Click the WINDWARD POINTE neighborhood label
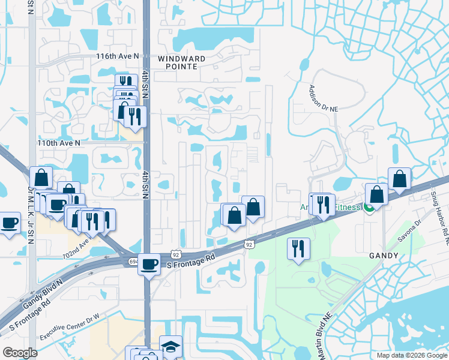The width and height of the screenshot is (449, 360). tap(181, 62)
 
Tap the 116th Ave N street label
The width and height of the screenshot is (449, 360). tap(117, 56)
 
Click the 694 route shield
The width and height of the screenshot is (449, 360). tap(133, 262)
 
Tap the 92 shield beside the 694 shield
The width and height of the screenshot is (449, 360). tap(175, 254)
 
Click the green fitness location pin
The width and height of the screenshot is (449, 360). tap(369, 208)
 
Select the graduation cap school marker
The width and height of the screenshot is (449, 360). tap(170, 347)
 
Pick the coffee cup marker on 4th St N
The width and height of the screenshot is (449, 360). tap(149, 264)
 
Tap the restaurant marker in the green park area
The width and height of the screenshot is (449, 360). tap(298, 248)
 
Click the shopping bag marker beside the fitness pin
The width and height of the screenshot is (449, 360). tap(376, 194)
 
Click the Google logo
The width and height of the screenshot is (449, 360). tap(20, 352)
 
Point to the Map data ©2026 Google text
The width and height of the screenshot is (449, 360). tap(411, 355)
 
